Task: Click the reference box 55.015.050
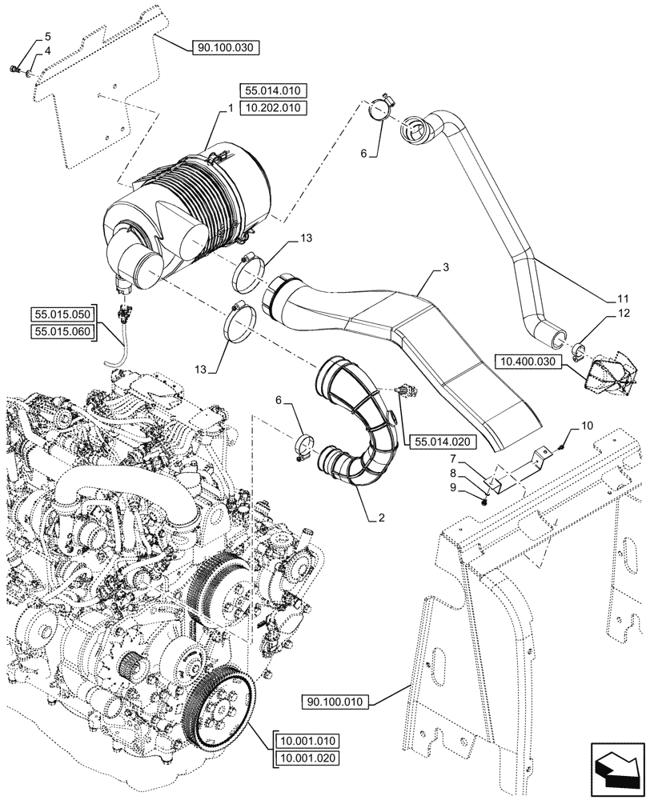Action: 62,314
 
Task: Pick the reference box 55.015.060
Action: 62,330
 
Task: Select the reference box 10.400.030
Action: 525,362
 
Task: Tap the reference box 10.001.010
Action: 305,741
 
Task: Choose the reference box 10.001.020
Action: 305,758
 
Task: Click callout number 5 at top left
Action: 47,38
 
